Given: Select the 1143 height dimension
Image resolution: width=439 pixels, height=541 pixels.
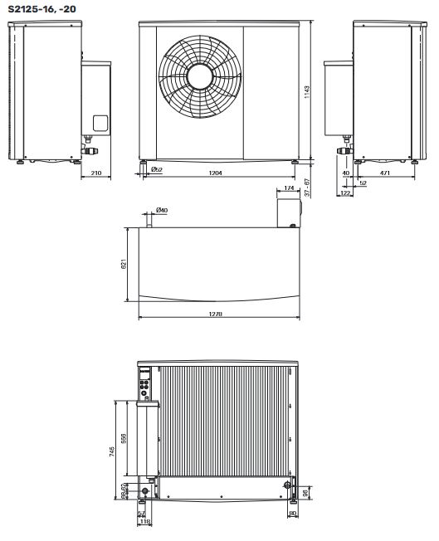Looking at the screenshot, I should [x=318, y=89].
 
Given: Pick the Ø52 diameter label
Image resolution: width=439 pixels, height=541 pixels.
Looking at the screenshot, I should [x=155, y=169].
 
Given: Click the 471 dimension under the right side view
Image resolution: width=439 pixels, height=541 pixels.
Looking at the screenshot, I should [x=385, y=173].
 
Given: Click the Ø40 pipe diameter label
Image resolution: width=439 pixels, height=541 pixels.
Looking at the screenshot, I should [x=162, y=211].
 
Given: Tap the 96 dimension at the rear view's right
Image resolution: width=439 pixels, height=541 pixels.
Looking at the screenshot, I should [x=306, y=492].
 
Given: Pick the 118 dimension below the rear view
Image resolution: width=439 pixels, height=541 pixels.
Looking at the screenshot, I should [x=145, y=523].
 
